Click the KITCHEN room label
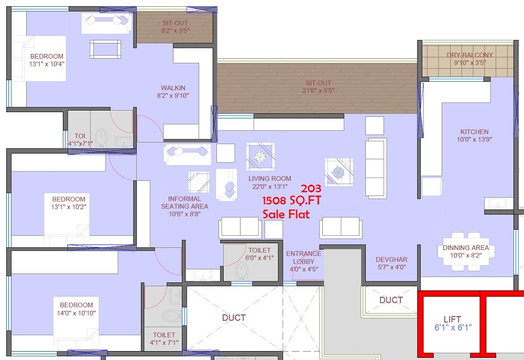474,132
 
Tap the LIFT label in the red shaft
453,319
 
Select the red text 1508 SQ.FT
292,200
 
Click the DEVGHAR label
391,260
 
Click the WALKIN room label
173,88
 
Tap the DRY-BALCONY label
470,55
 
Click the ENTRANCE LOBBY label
303,257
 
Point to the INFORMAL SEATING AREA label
184,202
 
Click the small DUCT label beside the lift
391,300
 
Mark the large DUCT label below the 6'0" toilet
234,318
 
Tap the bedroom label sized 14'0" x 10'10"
76,305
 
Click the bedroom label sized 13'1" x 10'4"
47,57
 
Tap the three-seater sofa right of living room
376,168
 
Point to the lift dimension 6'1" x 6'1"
453,328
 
